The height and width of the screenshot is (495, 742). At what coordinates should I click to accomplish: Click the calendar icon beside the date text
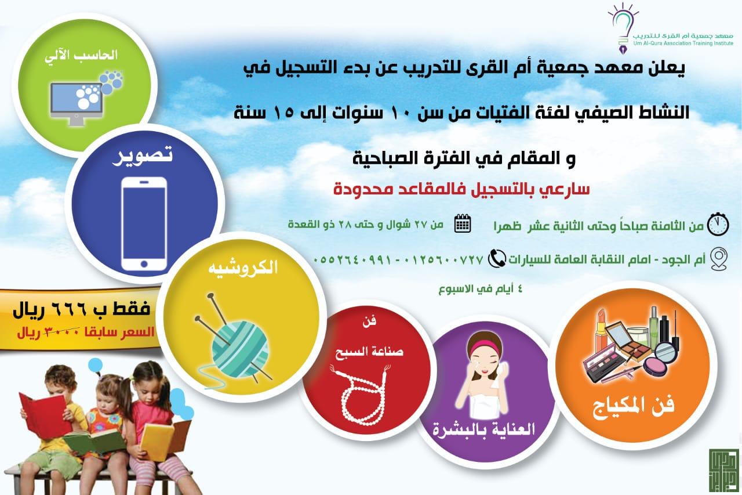point(463,224)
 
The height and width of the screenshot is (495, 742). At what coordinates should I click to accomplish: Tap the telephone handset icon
point(496,259)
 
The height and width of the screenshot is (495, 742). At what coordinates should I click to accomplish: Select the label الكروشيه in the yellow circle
point(243,268)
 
